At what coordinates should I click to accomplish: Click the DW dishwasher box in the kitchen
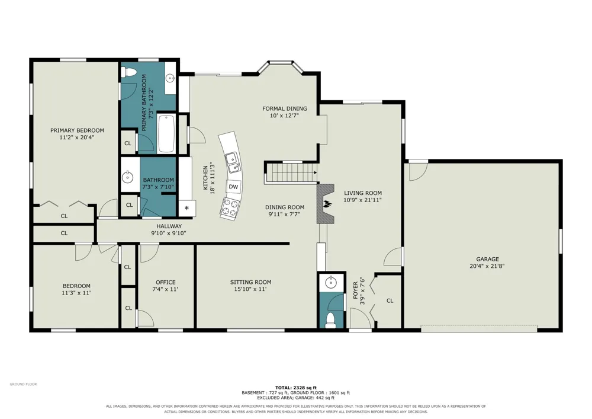coord(233,186)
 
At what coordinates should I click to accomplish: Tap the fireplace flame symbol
coord(327,204)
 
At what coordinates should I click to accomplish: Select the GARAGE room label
coord(487,259)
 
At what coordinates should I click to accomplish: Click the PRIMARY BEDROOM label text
coord(77,130)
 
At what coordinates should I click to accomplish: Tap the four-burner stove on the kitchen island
coord(230,207)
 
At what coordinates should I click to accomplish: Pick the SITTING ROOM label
coord(250,282)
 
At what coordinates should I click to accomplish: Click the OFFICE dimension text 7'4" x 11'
coord(165,289)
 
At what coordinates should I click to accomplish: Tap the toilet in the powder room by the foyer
coord(331,319)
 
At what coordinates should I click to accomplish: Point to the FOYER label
coord(355,290)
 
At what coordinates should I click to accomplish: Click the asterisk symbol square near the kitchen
coord(186,208)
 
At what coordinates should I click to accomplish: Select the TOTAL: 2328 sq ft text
coord(295,388)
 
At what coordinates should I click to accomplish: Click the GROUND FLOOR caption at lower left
coord(24,384)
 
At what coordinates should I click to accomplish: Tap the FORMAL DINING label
coord(285,108)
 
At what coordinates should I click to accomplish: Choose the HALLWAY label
coord(169,226)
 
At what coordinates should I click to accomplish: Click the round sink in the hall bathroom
coord(128,177)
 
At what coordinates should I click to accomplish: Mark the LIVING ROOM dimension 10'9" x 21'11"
coord(363,200)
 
